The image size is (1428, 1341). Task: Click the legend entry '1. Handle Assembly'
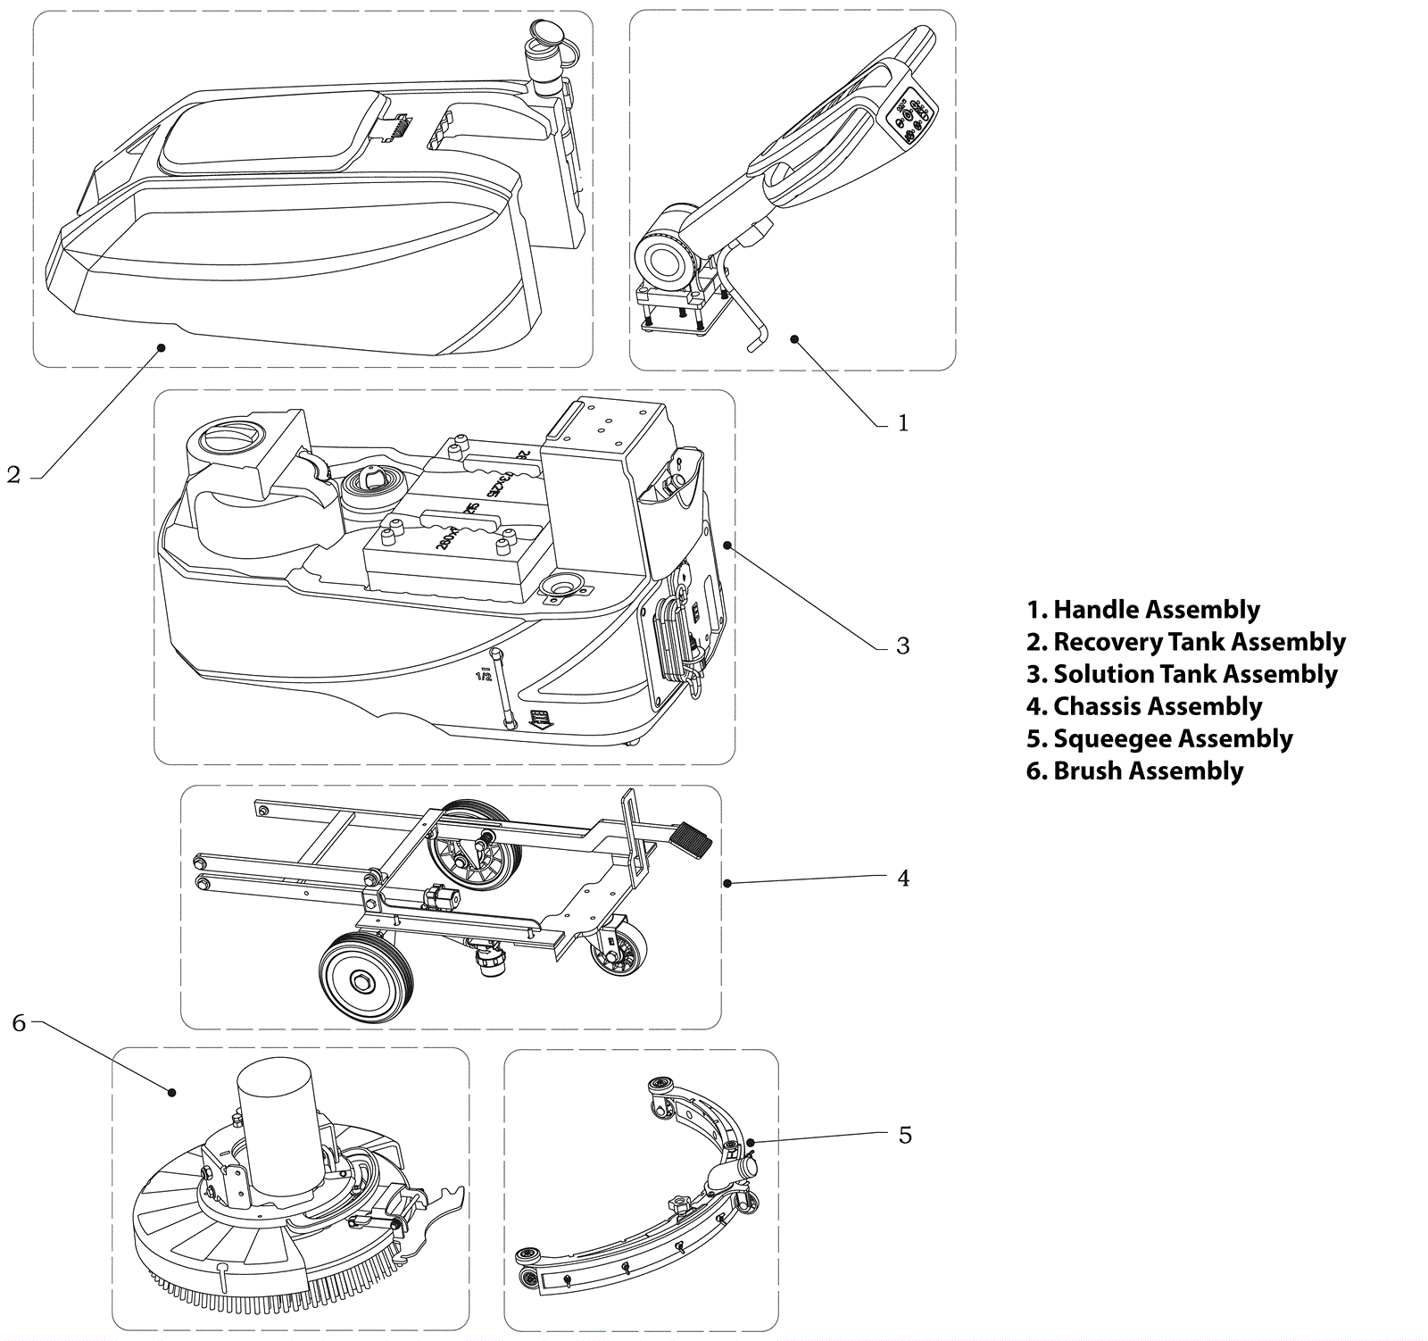click(1142, 610)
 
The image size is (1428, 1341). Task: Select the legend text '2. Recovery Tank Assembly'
click(1185, 642)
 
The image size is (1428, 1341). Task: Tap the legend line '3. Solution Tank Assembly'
click(1182, 674)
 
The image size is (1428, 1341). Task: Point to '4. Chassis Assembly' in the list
click(1144, 706)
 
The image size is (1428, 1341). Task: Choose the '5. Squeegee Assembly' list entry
click(1159, 738)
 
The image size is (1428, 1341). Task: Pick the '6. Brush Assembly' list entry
click(1134, 770)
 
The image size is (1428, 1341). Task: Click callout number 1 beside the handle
click(902, 422)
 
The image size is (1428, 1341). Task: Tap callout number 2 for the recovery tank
click(13, 475)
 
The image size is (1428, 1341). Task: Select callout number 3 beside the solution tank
click(902, 646)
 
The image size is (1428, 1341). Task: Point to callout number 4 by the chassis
click(902, 879)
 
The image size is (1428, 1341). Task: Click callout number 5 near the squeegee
click(904, 1135)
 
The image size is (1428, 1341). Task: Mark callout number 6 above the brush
click(19, 1023)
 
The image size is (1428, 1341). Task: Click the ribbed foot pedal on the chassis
click(687, 839)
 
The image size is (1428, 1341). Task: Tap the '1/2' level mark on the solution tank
click(484, 676)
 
